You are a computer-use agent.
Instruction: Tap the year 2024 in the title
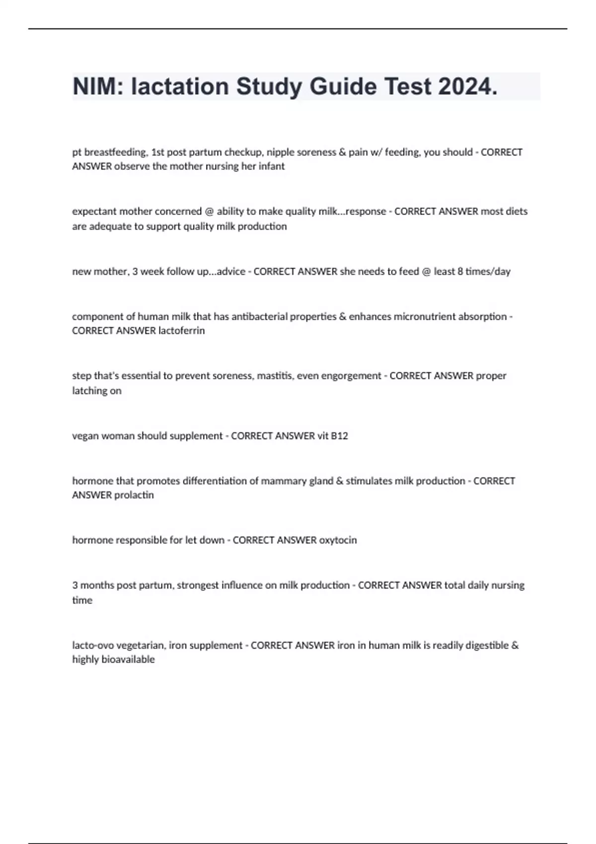coord(467,87)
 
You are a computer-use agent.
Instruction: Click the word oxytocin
coord(338,540)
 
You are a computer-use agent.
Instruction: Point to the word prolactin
coord(134,495)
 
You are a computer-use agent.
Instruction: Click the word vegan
coord(85,436)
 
